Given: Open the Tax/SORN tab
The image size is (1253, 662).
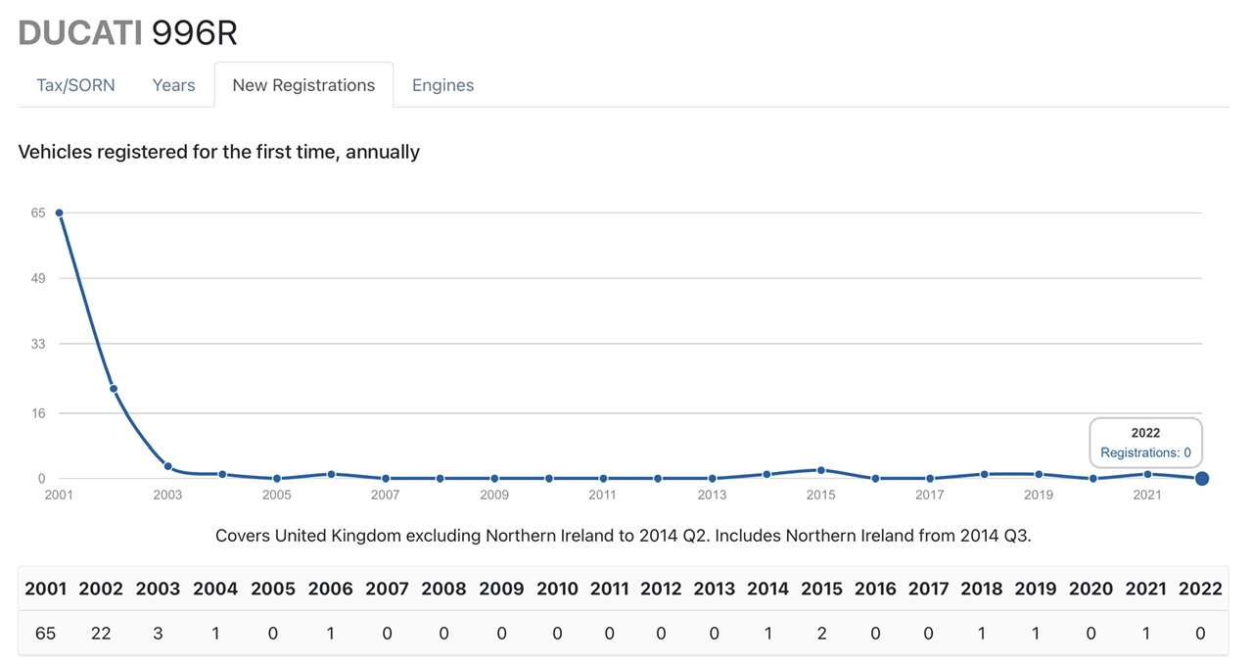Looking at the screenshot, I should pyautogui.click(x=75, y=85).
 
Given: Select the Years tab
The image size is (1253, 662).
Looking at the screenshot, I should pyautogui.click(x=173, y=85).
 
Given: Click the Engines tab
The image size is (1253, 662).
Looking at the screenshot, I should pyautogui.click(x=442, y=85).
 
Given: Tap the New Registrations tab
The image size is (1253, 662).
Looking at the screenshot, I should pyautogui.click(x=303, y=85).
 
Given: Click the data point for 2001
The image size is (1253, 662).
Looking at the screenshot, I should pyautogui.click(x=59, y=213).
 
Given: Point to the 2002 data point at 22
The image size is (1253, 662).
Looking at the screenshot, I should pyautogui.click(x=114, y=389).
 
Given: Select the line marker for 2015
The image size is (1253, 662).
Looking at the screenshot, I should pyautogui.click(x=821, y=470).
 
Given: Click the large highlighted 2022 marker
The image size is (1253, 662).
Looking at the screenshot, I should pyautogui.click(x=1202, y=478).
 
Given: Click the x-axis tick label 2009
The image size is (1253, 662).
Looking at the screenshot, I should pyautogui.click(x=493, y=495).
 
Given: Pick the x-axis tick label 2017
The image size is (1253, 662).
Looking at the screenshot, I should pyautogui.click(x=929, y=495).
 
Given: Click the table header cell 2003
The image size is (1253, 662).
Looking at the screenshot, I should pyautogui.click(x=158, y=589).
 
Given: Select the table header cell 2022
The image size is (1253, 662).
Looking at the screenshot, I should pyautogui.click(x=1200, y=589).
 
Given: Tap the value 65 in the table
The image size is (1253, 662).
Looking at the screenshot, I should pyautogui.click(x=45, y=634).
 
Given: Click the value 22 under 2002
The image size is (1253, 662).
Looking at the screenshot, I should pyautogui.click(x=100, y=634).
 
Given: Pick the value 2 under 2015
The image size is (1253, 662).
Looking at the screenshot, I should pyautogui.click(x=821, y=634).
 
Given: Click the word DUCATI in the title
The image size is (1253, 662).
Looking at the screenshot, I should pyautogui.click(x=79, y=32).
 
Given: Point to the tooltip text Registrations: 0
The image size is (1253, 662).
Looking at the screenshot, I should pyautogui.click(x=1145, y=452).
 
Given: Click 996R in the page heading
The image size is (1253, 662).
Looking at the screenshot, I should pyautogui.click(x=194, y=32).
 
